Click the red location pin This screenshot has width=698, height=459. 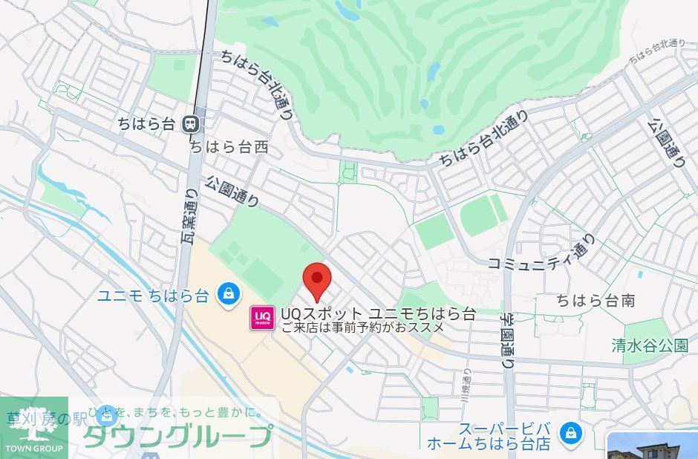[x=319, y=279]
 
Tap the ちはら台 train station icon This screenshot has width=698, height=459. [x=192, y=124]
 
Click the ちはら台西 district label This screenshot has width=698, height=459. [x=228, y=148]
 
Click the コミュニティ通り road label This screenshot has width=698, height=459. [x=542, y=253]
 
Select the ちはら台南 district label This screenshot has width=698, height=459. [x=596, y=301]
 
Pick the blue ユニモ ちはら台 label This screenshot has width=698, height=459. [x=153, y=295]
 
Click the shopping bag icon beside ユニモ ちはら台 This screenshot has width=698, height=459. [x=229, y=294]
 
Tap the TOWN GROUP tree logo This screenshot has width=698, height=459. [x=34, y=427]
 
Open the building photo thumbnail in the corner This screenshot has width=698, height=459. [x=653, y=445]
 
